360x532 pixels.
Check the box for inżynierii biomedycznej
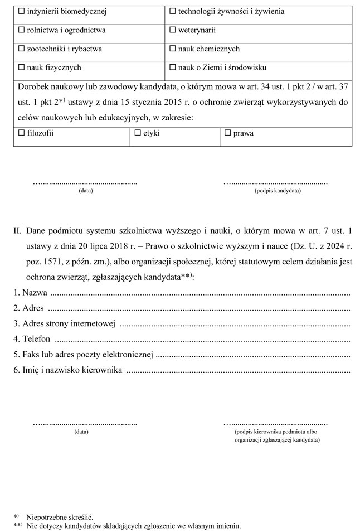tap(22, 11)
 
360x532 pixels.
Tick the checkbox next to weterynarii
tap(172, 30)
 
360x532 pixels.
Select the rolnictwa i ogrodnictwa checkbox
tap(22, 30)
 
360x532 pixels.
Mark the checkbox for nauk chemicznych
tap(172, 49)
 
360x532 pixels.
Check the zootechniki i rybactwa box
tap(22, 49)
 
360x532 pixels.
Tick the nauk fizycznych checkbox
tap(22, 67)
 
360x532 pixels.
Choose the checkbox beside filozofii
tap(22, 133)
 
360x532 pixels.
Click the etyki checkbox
tap(138, 133)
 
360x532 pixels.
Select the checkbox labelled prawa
tap(227, 133)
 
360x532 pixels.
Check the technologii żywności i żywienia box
tap(172, 11)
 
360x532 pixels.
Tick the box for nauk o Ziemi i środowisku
tap(172, 67)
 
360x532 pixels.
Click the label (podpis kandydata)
tap(277, 191)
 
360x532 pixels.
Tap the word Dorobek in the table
tap(33, 88)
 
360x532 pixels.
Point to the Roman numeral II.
tap(17, 230)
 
